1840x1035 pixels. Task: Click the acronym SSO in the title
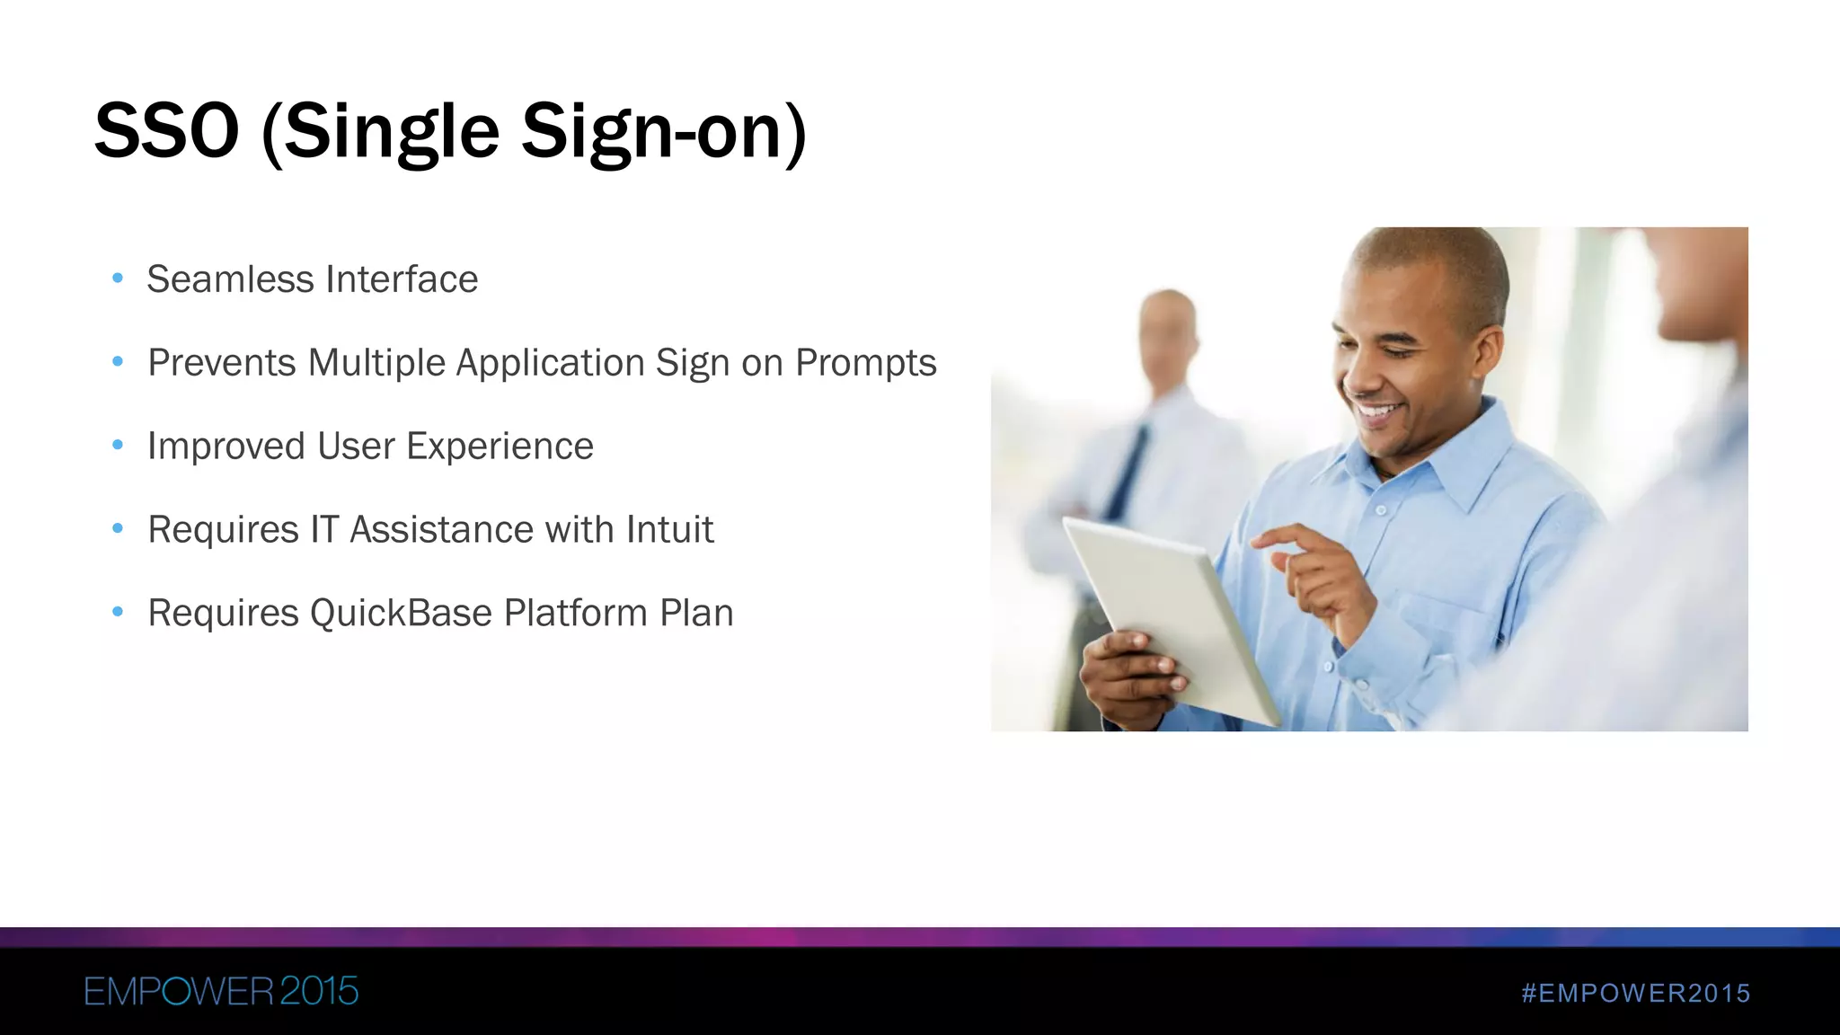click(x=167, y=132)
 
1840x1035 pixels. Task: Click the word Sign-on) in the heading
click(x=664, y=132)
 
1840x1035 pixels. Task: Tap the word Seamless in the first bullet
click(x=229, y=279)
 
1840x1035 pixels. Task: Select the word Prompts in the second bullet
click(x=865, y=363)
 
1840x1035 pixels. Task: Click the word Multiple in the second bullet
click(x=376, y=363)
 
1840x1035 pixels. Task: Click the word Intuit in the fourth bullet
click(x=669, y=530)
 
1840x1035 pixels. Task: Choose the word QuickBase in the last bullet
click(x=401, y=614)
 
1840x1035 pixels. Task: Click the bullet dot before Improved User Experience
click(x=117, y=445)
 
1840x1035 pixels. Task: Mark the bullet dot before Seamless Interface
click(x=117, y=279)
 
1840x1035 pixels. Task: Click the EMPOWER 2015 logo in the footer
click(x=221, y=991)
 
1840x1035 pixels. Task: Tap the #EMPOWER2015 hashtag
click(x=1635, y=993)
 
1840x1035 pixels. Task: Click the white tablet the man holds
click(x=1168, y=611)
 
